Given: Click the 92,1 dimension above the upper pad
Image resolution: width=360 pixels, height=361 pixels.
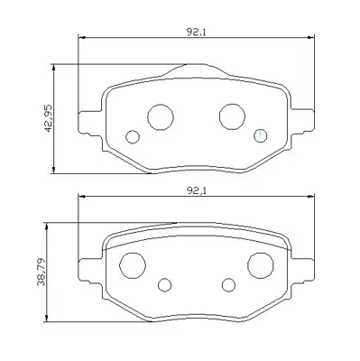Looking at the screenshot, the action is click(196, 32).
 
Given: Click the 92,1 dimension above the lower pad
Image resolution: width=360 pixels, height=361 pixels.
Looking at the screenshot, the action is click(196, 190).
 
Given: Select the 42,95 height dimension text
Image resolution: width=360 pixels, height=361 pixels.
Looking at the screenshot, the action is click(48, 118).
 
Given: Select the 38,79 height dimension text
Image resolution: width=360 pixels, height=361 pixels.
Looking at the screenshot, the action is click(41, 272).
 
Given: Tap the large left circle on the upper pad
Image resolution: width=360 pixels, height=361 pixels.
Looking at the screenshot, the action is click(161, 117).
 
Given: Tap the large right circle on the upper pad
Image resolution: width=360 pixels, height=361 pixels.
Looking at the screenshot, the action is click(232, 116).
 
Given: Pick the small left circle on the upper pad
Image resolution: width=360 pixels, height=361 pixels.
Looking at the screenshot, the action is click(133, 137).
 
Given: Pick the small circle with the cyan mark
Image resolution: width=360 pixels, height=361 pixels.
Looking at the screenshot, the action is click(260, 135).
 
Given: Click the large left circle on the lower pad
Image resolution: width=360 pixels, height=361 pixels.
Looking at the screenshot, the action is click(133, 265).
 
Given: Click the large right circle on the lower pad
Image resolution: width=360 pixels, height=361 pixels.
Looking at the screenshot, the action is click(261, 265).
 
